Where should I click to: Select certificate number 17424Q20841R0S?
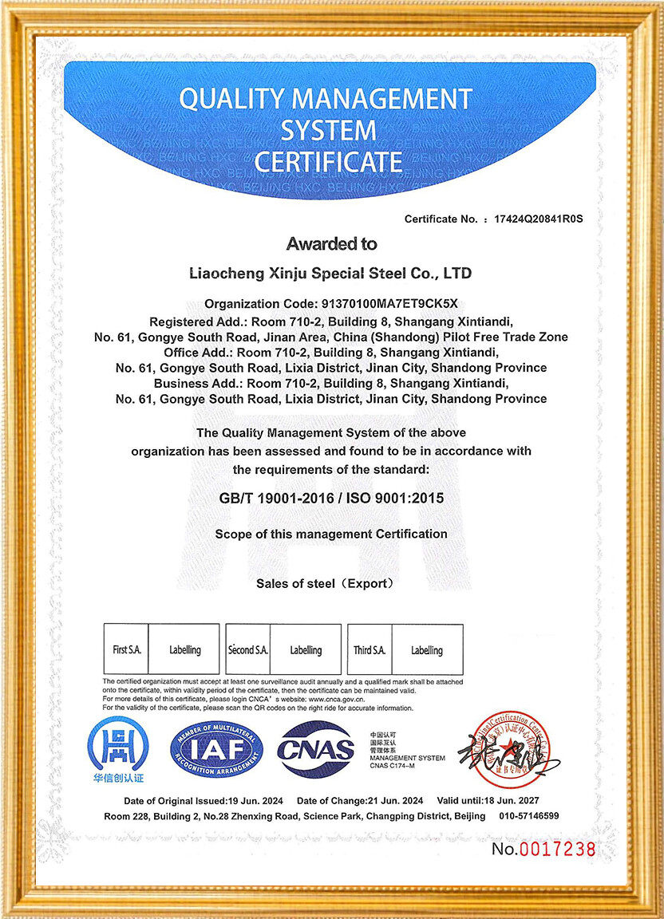click(539, 219)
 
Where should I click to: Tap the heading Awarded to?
click(331, 244)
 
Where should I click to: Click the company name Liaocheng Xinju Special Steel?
click(330, 274)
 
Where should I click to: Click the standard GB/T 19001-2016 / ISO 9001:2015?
click(331, 498)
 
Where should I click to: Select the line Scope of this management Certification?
click(331, 534)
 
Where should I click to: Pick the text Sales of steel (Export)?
click(326, 584)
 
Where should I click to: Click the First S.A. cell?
click(126, 650)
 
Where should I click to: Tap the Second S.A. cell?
click(248, 650)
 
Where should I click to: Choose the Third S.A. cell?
click(370, 650)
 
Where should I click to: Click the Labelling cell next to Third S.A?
click(427, 650)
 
